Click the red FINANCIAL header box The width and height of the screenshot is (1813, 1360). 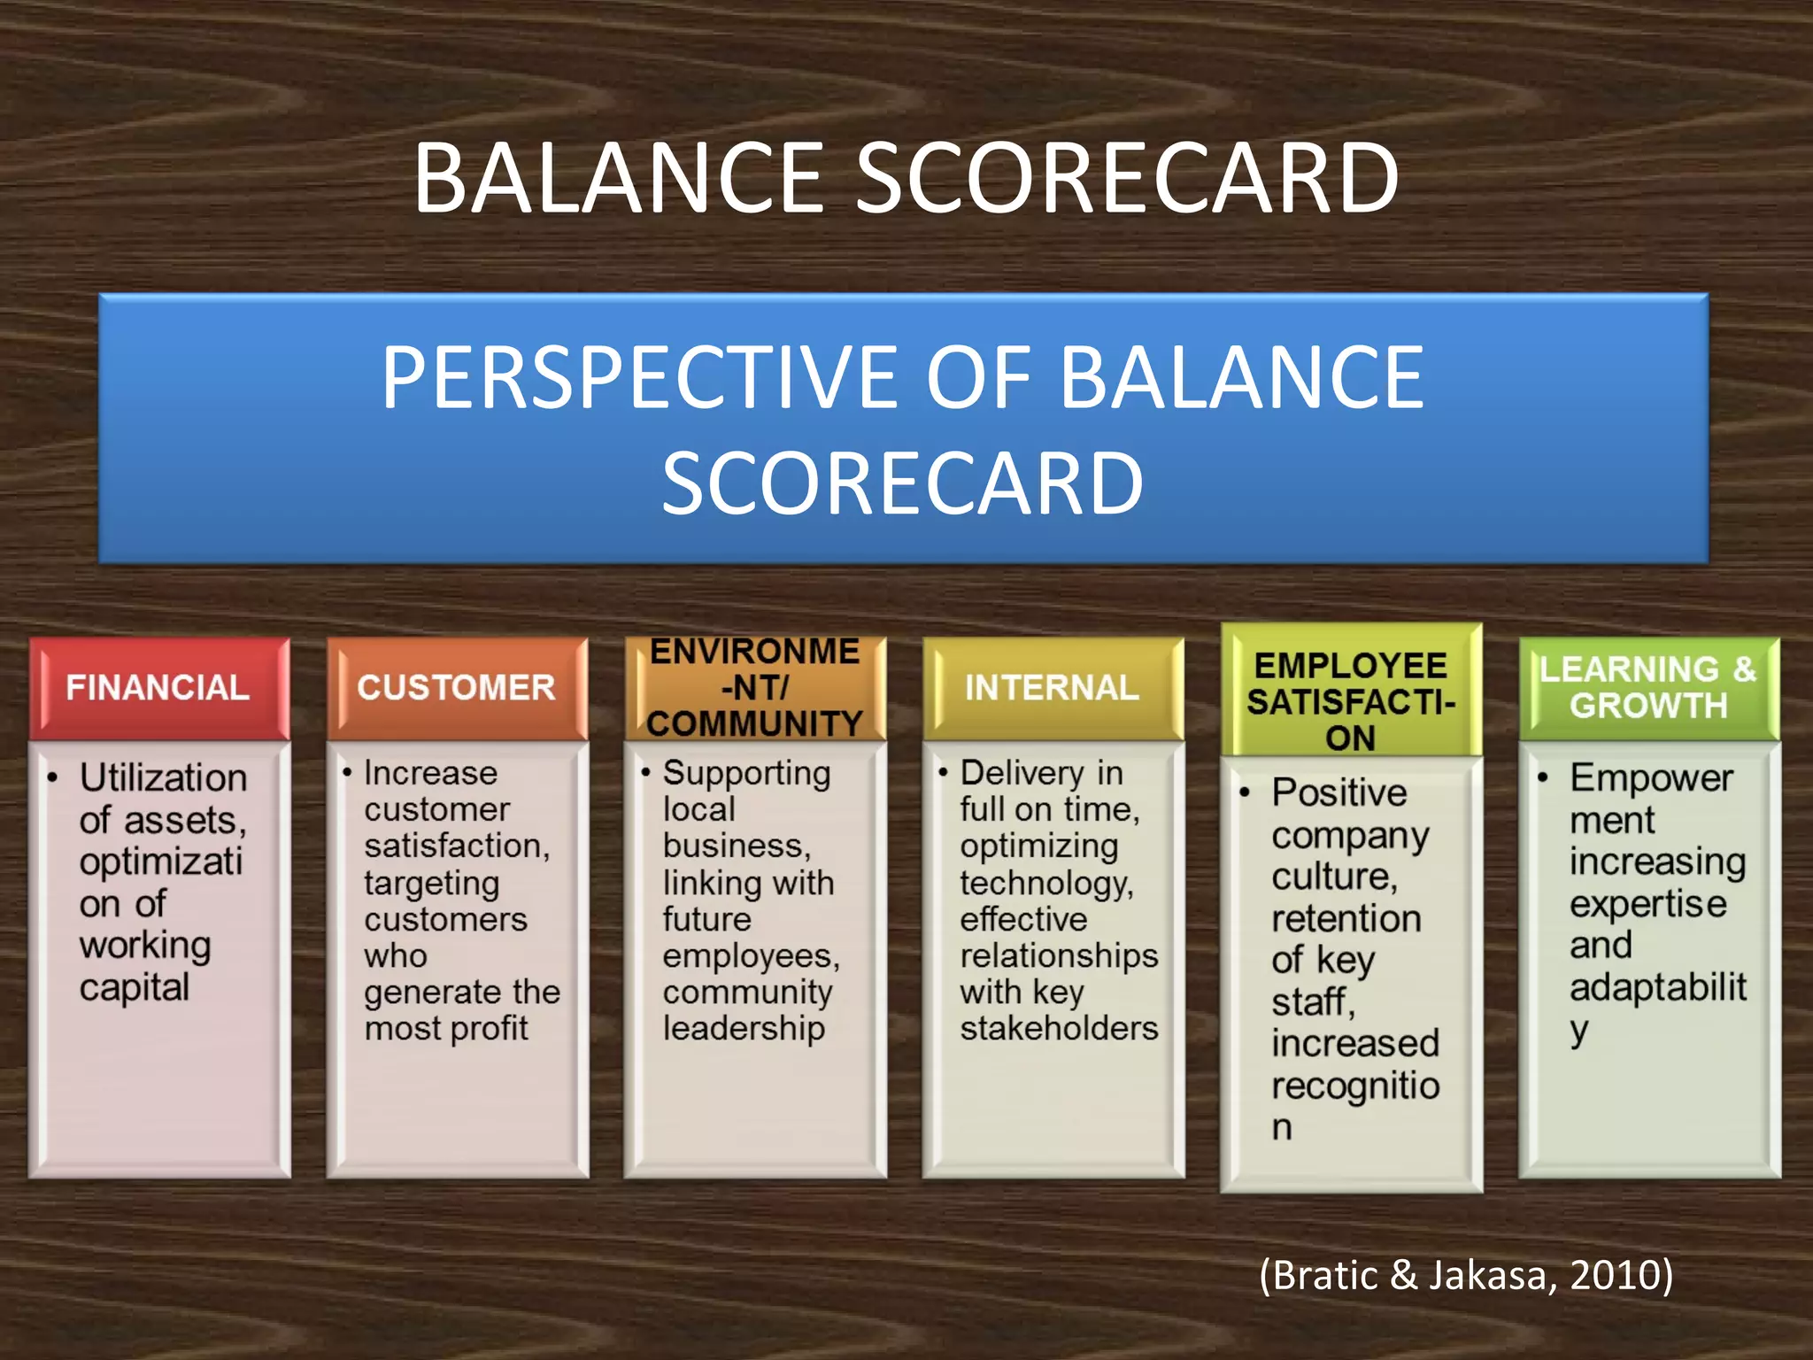click(158, 688)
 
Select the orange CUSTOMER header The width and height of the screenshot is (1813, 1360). click(457, 688)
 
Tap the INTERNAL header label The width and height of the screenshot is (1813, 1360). click(1052, 688)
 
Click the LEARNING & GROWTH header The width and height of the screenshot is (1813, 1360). click(1648, 688)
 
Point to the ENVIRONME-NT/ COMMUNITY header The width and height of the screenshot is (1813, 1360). click(754, 688)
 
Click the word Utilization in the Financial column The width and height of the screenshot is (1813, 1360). click(163, 778)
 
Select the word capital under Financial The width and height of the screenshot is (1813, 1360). click(135, 987)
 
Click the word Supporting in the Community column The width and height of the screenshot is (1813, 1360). click(746, 774)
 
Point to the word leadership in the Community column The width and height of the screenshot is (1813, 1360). click(744, 1029)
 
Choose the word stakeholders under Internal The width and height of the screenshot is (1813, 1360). click(1059, 1029)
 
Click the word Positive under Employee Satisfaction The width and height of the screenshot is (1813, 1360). click(1339, 792)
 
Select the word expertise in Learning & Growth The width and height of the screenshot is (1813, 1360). click(1647, 904)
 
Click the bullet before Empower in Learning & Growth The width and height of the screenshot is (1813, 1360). click(1543, 778)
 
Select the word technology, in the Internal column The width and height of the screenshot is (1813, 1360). click(1046, 883)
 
